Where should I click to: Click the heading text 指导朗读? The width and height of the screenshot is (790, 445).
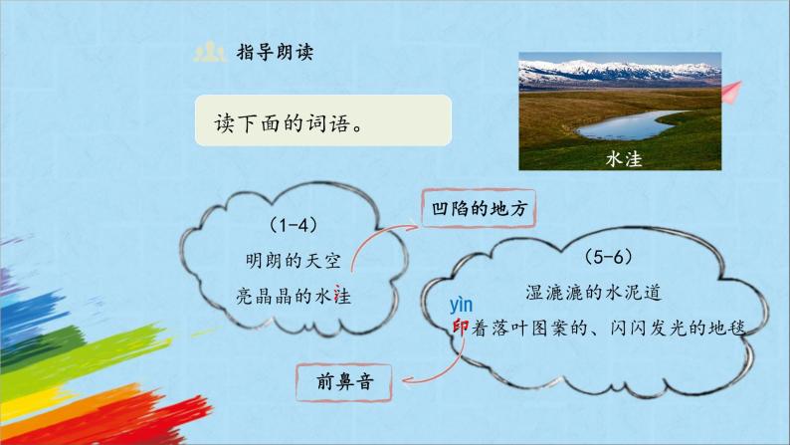pos(277,51)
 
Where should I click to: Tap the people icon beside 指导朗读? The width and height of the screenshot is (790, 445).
pos(209,51)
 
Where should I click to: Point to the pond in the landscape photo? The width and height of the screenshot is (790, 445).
pos(621,126)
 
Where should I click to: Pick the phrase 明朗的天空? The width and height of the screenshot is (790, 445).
pos(294,261)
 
